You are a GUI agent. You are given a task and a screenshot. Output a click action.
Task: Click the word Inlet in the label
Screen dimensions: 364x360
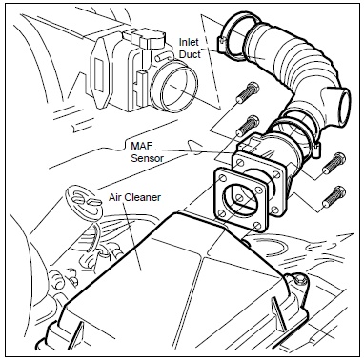point(189,42)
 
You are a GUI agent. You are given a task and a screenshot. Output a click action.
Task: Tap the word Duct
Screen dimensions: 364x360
point(190,54)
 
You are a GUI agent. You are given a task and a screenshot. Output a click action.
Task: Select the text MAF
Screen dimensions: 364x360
point(142,147)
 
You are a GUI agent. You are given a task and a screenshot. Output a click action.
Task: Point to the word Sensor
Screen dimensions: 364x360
point(148,158)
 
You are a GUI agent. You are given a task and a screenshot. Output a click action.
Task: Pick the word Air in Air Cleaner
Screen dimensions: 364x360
point(115,197)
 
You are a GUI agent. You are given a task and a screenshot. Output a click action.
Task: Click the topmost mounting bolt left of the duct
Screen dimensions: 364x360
point(248,92)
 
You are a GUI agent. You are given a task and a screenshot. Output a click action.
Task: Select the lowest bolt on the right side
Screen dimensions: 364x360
point(334,196)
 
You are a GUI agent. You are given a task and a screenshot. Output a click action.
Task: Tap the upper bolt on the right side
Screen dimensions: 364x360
point(334,163)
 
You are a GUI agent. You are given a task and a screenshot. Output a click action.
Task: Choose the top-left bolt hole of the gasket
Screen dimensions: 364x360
point(221,175)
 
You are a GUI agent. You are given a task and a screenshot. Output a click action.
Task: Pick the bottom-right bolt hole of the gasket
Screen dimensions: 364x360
point(258,227)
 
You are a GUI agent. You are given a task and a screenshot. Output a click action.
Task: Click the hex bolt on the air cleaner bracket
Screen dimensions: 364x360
point(299,280)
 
